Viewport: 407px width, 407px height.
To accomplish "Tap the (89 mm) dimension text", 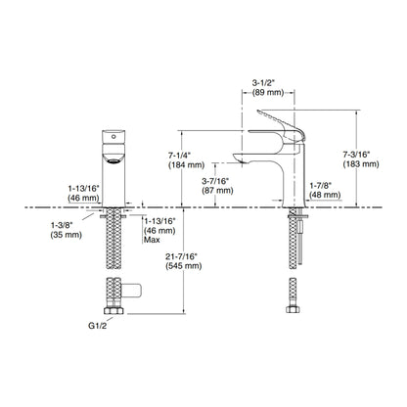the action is [x=268, y=92].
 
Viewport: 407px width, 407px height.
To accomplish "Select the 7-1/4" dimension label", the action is [x=179, y=156].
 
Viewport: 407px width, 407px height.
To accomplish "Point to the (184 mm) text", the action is [x=186, y=165].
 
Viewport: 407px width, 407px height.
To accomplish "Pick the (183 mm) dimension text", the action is [x=361, y=163].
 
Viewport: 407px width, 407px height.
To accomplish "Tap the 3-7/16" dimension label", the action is [x=215, y=181].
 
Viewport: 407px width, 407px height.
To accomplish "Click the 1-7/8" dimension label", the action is [x=321, y=186].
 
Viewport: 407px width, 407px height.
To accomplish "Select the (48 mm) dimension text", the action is [x=325, y=195].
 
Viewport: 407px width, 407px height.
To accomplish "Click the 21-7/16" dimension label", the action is [x=182, y=256].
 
